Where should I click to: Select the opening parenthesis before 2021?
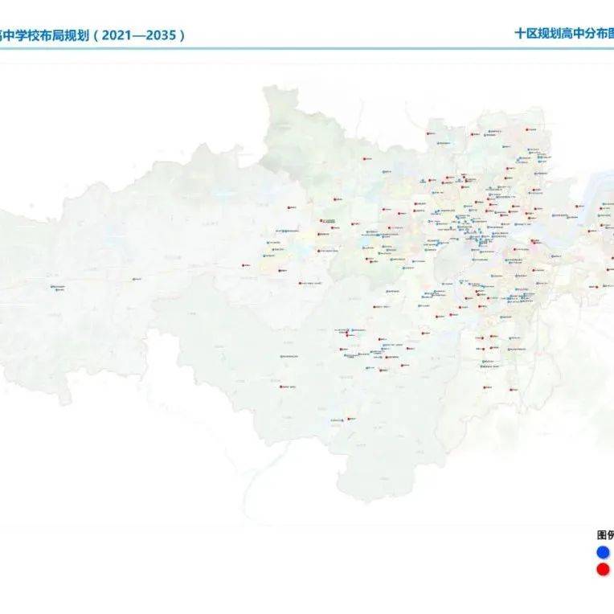pos(100,35)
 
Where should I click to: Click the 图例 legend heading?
pos(604,534)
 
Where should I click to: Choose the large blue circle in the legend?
pos(603,552)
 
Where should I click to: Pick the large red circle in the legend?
pos(603,570)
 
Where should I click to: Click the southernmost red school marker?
pos(351,419)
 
